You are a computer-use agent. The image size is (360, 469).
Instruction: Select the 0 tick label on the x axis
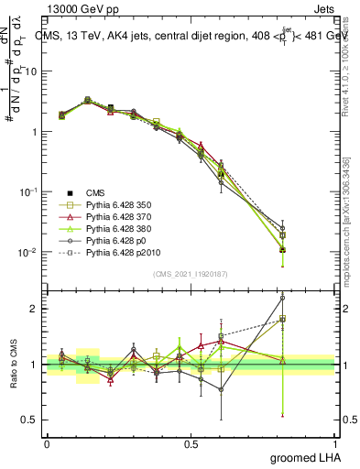coord(47,442)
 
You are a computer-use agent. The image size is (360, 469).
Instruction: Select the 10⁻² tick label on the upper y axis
coord(27,252)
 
